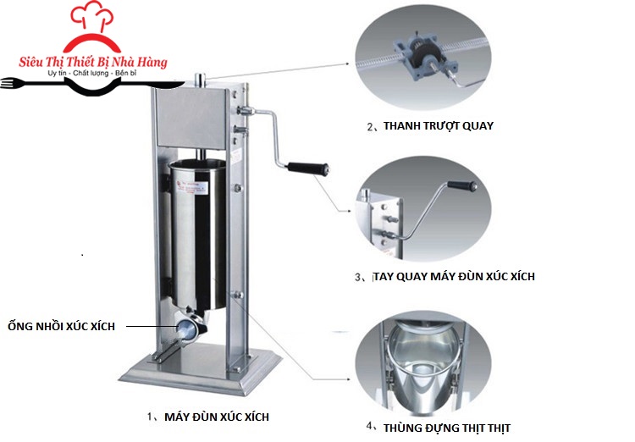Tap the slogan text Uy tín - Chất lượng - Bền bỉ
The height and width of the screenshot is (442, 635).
pyautogui.click(x=92, y=74)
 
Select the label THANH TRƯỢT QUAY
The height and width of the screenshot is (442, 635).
pyautogui.click(x=439, y=126)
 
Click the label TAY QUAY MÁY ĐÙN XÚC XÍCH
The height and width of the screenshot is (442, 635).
pyautogui.click(x=454, y=277)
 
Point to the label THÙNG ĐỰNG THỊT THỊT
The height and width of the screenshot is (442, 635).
pyautogui.click(x=447, y=428)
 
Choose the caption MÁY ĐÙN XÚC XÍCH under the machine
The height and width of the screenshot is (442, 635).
pyautogui.click(x=217, y=417)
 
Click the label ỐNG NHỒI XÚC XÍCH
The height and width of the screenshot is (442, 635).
pyautogui.click(x=62, y=326)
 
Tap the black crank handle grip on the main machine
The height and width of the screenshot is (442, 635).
pyautogui.click(x=308, y=169)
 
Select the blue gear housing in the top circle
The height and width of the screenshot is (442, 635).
pyautogui.click(x=425, y=57)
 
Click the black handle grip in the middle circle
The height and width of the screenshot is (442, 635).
pyautogui.click(x=462, y=185)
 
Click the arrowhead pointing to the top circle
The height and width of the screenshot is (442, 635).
pyautogui.click(x=347, y=64)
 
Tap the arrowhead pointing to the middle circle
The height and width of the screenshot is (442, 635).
pyautogui.click(x=349, y=211)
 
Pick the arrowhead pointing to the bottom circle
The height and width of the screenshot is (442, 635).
pyautogui.click(x=348, y=379)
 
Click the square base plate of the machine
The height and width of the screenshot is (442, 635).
pyautogui.click(x=201, y=368)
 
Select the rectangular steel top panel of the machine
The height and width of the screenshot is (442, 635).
pyautogui.click(x=192, y=118)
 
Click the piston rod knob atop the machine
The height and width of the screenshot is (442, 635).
pyautogui.click(x=200, y=80)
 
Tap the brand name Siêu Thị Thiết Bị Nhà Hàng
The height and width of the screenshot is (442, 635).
pyautogui.click(x=93, y=62)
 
